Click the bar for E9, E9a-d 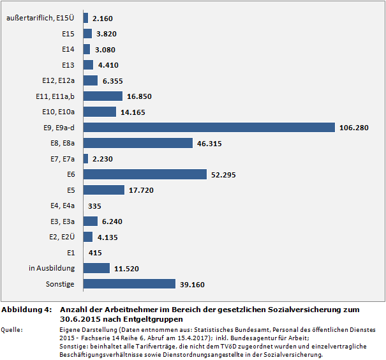tap(209, 128)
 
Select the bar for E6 tap(145, 174)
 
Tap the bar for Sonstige tap(130, 284)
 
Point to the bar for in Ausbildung tap(96, 268)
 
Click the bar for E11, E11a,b tap(103, 96)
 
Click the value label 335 tap(96, 206)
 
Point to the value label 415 tap(96, 253)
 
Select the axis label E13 tap(68, 65)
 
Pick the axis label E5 tap(71, 190)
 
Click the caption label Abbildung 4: tap(26, 310)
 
